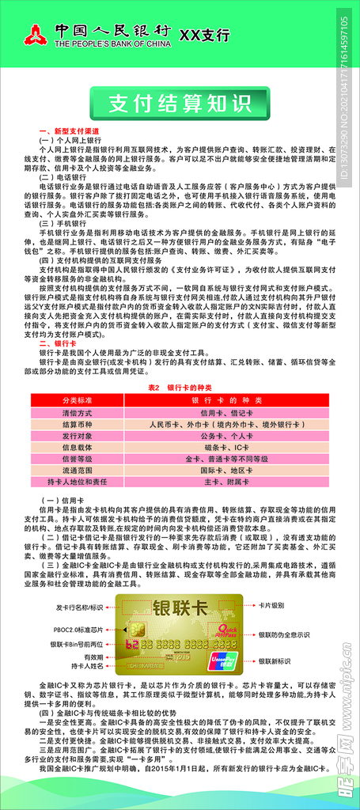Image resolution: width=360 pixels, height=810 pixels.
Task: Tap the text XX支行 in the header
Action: pyautogui.click(x=205, y=35)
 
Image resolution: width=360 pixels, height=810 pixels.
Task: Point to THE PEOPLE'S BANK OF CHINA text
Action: pyautogui.click(x=112, y=45)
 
